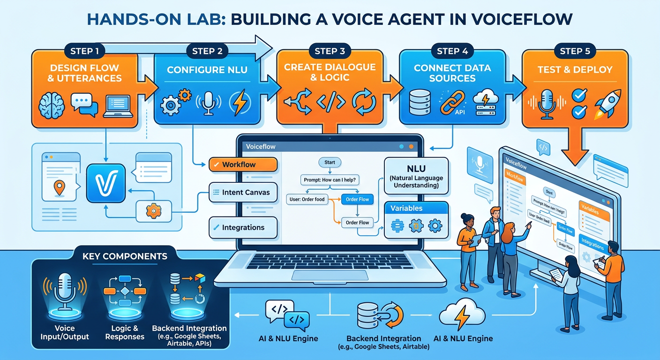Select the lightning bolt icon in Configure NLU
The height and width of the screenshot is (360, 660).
click(240, 104)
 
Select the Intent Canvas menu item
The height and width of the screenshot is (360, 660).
click(243, 192)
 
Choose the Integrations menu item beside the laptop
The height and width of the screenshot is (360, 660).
click(243, 227)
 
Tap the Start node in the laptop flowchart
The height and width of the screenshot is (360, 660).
click(330, 162)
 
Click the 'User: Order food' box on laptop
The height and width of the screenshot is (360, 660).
click(306, 199)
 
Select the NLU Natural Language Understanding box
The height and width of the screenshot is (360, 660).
click(416, 175)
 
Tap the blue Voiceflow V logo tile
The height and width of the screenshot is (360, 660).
click(106, 183)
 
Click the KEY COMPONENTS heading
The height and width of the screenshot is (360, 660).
click(125, 256)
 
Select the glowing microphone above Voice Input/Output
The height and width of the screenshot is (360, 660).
click(64, 291)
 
